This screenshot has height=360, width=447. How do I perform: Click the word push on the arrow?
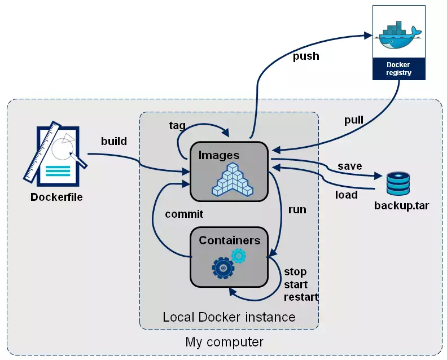point(306,56)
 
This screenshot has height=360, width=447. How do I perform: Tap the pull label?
point(354,120)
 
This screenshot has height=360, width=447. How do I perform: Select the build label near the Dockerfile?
point(113,141)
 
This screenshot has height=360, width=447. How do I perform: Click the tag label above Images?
point(177,125)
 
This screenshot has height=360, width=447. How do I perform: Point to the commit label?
point(184,214)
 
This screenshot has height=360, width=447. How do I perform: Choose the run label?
point(297,209)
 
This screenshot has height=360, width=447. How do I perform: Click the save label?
point(349,166)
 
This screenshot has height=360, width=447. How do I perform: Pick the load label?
point(346,195)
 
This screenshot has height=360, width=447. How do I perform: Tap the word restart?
point(301,297)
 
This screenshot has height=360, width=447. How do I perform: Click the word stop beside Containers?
point(296,271)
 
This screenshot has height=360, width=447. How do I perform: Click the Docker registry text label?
point(398,69)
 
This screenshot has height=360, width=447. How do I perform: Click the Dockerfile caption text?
point(56,197)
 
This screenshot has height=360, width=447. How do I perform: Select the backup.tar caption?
point(401,205)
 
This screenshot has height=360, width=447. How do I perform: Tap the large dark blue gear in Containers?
point(223,267)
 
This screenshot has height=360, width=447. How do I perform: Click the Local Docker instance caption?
point(229,317)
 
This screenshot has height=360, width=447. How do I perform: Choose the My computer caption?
point(224,342)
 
